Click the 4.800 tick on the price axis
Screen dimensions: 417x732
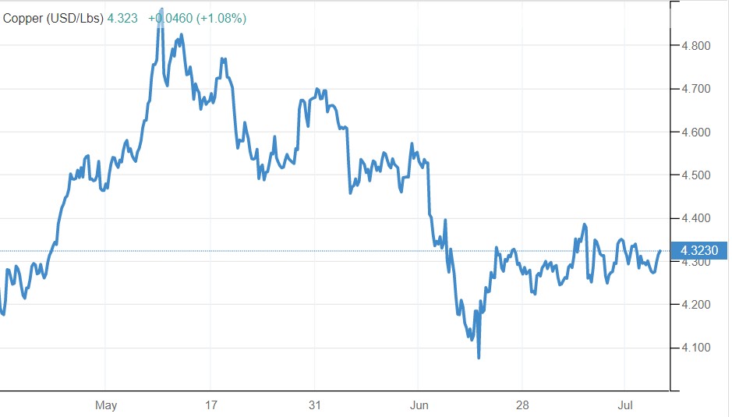[696, 46]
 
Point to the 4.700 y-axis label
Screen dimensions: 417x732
[696, 90]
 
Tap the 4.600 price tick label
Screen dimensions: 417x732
[696, 133]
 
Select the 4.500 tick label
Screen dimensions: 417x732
[696, 175]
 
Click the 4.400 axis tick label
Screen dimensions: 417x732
[696, 218]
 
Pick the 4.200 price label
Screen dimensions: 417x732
[696, 305]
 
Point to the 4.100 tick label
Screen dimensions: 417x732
[696, 348]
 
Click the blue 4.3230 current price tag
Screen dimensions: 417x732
[699, 251]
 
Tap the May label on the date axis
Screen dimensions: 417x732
[106, 405]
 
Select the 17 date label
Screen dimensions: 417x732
[210, 405]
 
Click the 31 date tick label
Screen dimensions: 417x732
[314, 405]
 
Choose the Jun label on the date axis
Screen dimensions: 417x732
[419, 405]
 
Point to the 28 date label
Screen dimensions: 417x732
[522, 405]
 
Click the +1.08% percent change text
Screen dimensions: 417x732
[222, 18]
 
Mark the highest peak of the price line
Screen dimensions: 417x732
[161, 10]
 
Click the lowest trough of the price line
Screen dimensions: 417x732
[479, 358]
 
